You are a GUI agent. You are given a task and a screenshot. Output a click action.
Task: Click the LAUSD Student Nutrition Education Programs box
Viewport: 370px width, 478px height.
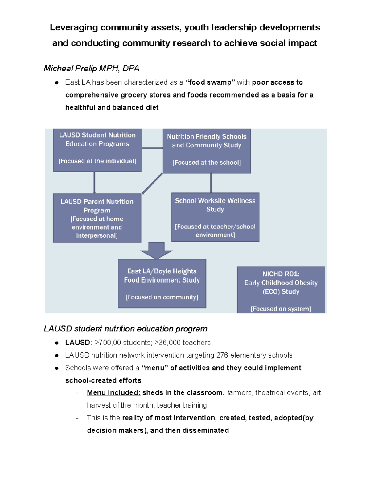97,150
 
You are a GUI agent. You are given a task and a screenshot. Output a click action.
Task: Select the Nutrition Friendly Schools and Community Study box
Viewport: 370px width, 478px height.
207,151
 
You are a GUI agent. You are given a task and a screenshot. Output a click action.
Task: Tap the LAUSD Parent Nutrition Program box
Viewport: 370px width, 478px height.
97,218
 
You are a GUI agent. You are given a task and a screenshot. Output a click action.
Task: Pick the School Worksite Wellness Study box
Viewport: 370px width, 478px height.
215,217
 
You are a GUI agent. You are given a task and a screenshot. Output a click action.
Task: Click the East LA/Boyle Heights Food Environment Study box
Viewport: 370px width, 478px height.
162,283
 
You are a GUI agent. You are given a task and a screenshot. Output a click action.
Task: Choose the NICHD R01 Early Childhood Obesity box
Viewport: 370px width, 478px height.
281,289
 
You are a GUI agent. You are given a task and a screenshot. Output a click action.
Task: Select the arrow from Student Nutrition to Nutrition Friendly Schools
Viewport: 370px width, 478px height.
152,148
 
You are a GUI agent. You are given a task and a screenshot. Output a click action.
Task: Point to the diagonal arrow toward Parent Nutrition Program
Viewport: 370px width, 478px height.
152,183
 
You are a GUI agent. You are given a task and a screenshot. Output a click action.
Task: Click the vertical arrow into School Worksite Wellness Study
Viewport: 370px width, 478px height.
211,183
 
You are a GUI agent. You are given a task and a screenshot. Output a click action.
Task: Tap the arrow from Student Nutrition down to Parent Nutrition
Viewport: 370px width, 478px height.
94,183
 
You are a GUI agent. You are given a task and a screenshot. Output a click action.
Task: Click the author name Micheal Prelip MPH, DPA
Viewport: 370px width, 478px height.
91,68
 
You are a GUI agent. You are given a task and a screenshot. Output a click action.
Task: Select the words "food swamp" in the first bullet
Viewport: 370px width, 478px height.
210,82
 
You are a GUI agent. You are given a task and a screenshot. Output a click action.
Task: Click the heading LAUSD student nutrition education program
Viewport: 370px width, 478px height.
125,329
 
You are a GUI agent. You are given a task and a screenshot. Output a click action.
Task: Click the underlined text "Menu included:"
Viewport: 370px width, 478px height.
113,393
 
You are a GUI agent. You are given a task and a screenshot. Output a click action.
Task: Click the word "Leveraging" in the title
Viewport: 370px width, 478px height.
74,27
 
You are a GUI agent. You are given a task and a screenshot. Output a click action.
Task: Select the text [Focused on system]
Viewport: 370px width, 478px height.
281,309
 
